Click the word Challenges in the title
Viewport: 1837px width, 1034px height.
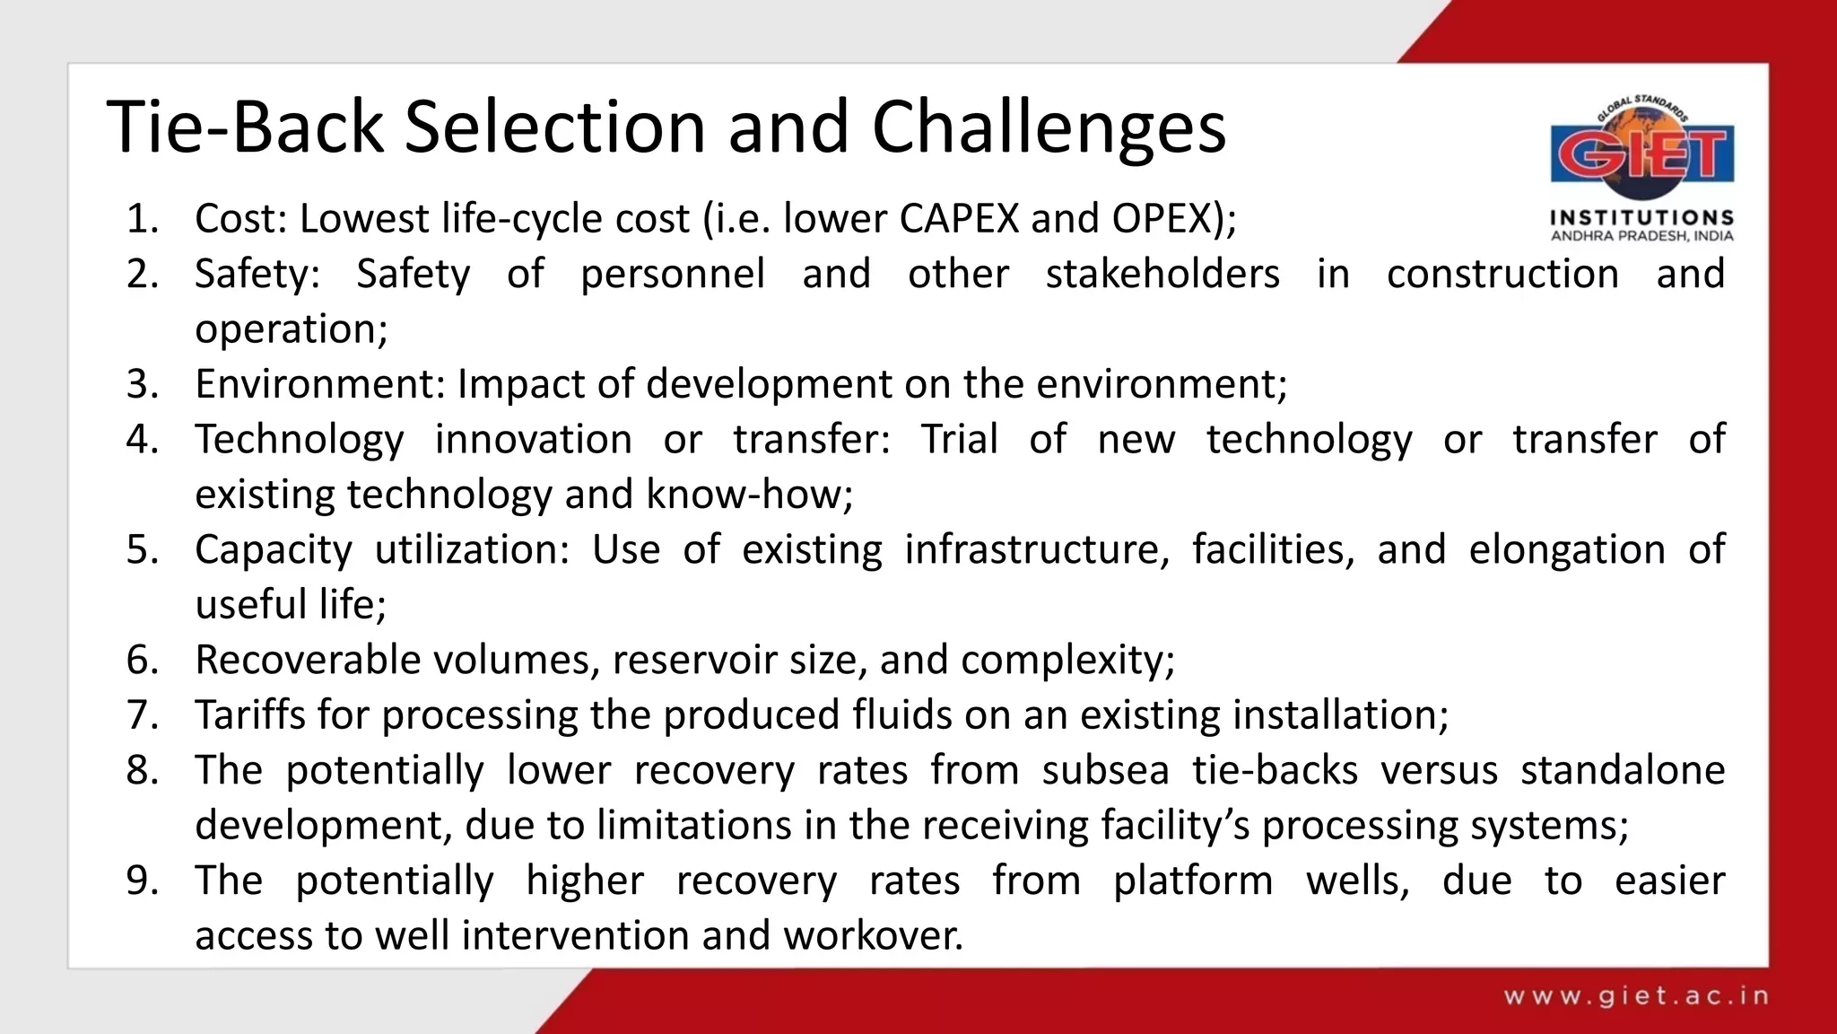pyautogui.click(x=1048, y=128)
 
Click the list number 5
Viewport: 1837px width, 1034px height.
pyautogui.click(x=143, y=549)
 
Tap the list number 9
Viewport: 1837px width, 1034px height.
pyautogui.click(x=143, y=881)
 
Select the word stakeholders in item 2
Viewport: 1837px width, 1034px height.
pyautogui.click(x=1162, y=274)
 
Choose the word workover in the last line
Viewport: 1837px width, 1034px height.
pyautogui.click(x=872, y=936)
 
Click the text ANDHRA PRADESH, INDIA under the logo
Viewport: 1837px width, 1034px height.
pyautogui.click(x=1641, y=236)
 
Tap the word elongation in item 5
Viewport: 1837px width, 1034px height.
pyautogui.click(x=1566, y=549)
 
